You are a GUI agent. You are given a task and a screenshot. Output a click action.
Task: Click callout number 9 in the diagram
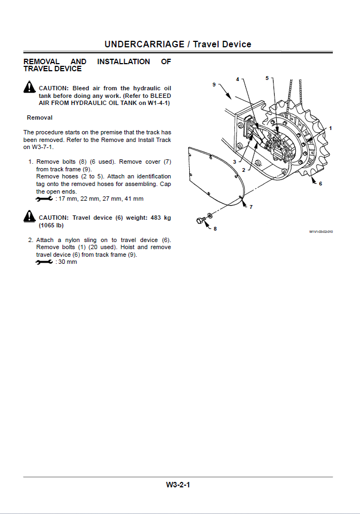click(214, 84)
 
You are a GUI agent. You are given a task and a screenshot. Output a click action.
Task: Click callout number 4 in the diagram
click(237, 79)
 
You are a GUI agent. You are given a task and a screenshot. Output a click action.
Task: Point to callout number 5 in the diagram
click(267, 78)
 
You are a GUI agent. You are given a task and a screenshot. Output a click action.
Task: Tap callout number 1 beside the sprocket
click(330, 128)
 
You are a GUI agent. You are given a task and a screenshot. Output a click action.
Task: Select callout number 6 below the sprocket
click(320, 184)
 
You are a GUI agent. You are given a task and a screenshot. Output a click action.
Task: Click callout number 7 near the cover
click(251, 207)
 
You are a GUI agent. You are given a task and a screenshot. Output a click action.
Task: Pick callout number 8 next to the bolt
click(215, 228)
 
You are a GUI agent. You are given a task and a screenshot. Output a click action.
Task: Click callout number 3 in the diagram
click(234, 162)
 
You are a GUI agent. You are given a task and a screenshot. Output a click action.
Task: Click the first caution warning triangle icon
click(29, 87)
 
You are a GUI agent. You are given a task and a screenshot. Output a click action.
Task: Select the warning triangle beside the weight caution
click(29, 217)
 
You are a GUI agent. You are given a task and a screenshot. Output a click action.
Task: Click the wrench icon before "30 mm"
click(44, 262)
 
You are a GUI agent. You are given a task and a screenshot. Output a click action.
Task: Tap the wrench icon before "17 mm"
click(44, 199)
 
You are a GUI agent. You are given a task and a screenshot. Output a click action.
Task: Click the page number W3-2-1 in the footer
click(178, 485)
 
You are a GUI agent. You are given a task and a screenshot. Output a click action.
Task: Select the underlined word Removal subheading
click(40, 117)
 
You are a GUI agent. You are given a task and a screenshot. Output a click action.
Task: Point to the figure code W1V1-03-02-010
click(321, 232)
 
